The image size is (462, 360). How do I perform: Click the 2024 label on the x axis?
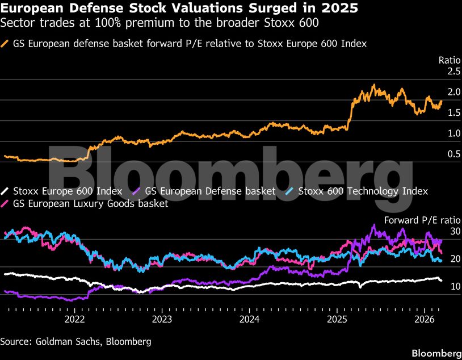click(x=249, y=319)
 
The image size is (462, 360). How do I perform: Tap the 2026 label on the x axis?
click(x=424, y=319)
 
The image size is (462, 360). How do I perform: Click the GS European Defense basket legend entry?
click(x=210, y=191)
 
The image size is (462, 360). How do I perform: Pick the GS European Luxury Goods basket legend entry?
click(x=90, y=203)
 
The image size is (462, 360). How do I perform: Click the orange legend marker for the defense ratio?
click(x=6, y=43)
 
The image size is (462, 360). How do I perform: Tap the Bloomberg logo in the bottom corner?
click(x=436, y=352)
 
